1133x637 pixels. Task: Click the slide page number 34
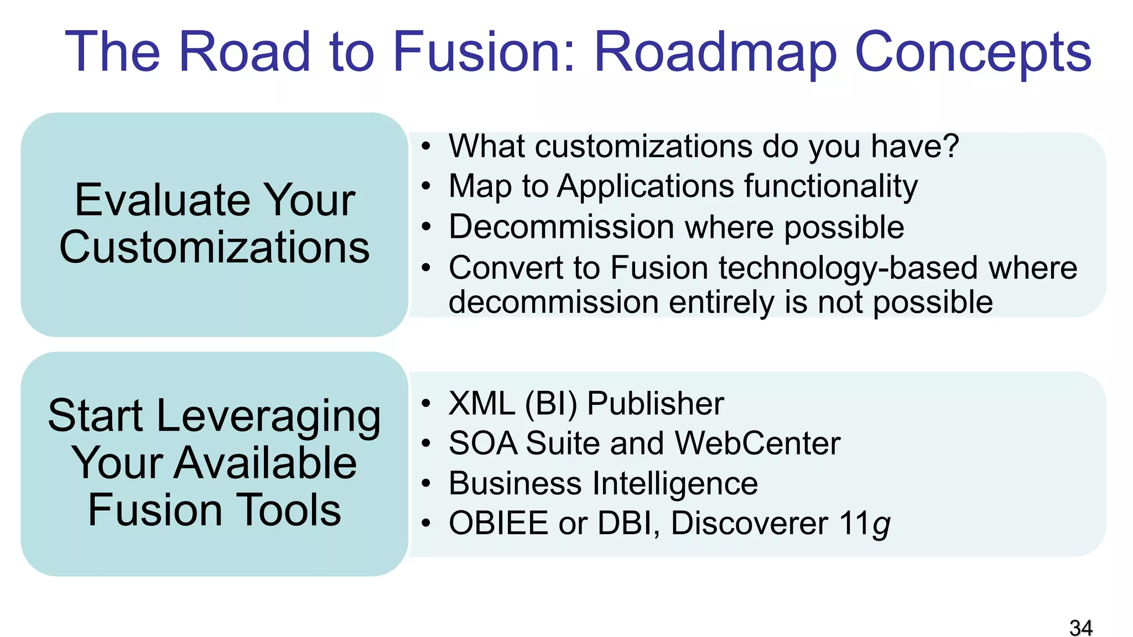coord(1080,628)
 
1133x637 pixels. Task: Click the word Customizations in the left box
coord(215,247)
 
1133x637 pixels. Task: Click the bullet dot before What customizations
coord(425,147)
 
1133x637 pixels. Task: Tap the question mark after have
coord(950,146)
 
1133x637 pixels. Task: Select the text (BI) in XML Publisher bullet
coord(550,404)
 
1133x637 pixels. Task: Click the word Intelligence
coord(674,483)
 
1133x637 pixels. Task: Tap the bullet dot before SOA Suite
coord(425,443)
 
